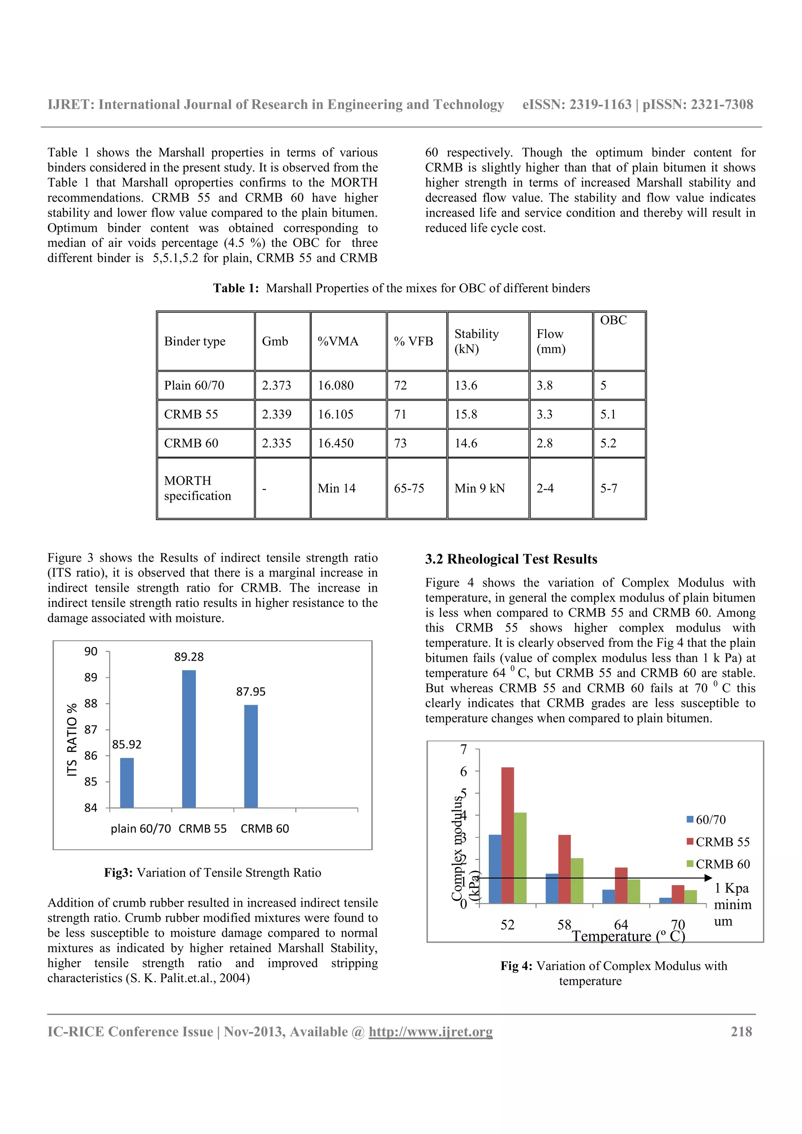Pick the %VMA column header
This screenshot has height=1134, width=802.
coord(338,341)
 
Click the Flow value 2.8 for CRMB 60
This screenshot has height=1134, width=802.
coord(545,443)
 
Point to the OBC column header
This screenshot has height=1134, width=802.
coord(613,320)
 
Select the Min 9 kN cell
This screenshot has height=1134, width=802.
coord(479,488)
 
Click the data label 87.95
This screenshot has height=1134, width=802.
coord(251,691)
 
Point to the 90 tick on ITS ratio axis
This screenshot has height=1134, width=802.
coord(91,652)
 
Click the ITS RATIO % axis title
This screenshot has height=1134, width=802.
coord(72,740)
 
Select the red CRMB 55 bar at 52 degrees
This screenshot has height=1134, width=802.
coord(508,835)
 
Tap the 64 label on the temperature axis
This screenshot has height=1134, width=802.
coord(621,925)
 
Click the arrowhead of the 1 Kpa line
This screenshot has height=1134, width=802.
coord(708,878)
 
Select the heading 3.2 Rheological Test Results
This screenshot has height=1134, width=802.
coord(511,559)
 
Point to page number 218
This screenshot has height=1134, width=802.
coord(741,1032)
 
